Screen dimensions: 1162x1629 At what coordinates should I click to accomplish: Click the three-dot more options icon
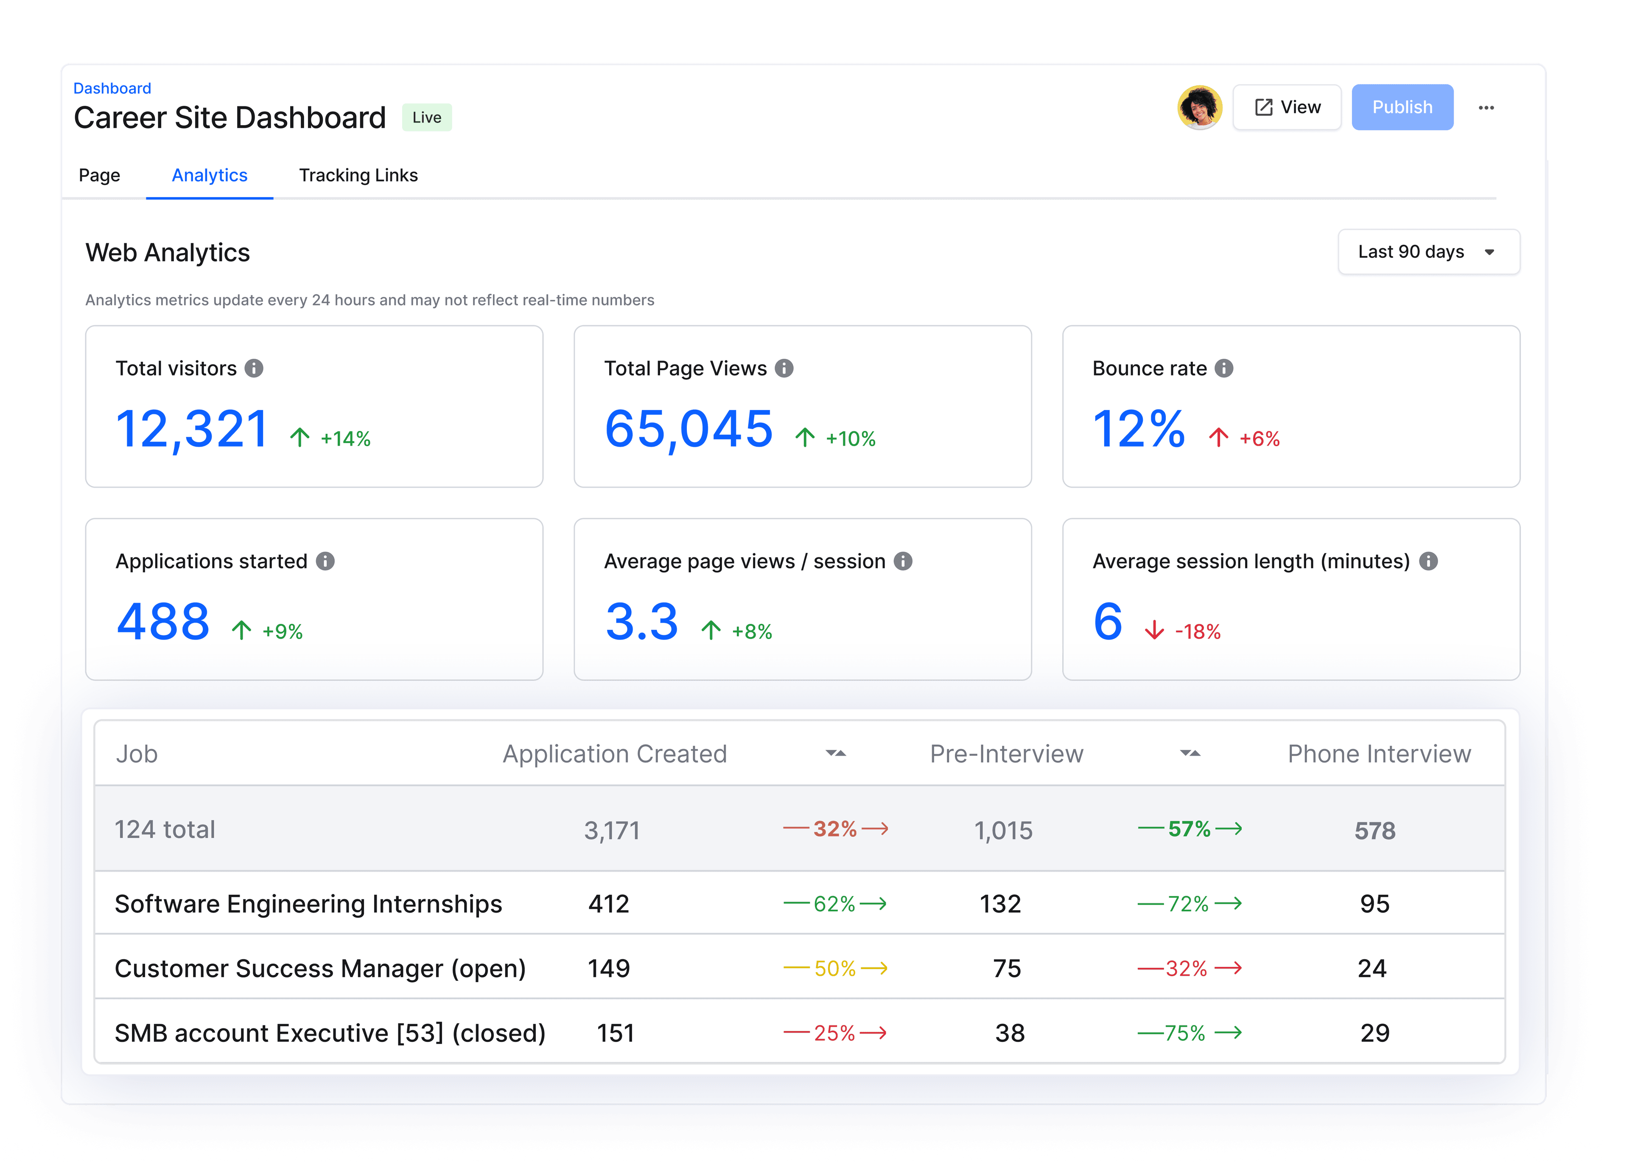(x=1486, y=107)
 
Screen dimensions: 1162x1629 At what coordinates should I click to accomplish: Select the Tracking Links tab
(x=358, y=175)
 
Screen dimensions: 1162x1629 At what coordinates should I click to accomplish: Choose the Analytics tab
(x=209, y=175)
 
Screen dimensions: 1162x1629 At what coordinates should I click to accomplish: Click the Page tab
(x=100, y=175)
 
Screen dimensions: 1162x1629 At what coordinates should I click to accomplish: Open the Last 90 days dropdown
(x=1428, y=252)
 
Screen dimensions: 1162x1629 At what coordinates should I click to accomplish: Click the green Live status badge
(x=427, y=117)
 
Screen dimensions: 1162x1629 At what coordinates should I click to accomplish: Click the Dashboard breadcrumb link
(x=112, y=88)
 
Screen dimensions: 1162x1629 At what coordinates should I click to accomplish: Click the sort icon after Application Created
(x=835, y=754)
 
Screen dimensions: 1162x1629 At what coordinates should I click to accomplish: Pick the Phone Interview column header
(x=1378, y=754)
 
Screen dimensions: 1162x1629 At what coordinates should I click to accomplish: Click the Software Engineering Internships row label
(x=308, y=904)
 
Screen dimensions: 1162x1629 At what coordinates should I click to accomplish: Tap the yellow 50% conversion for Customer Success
(x=834, y=969)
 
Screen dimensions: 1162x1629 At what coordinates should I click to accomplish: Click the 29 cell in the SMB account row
(x=1374, y=1033)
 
